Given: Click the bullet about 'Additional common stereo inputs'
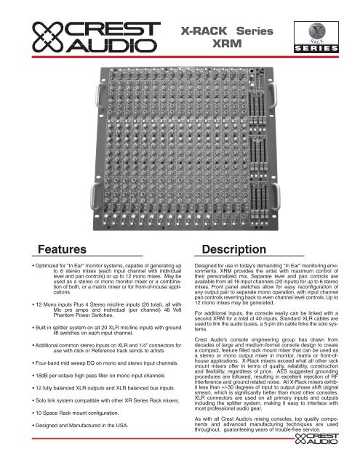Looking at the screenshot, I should (91, 380).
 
